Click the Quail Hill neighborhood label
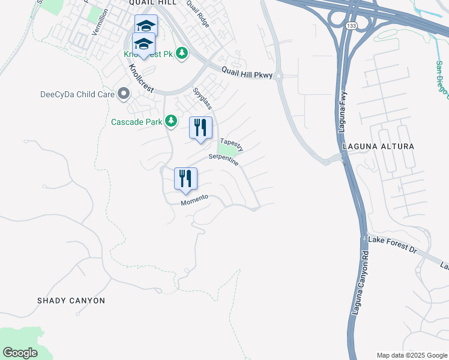click(152, 3)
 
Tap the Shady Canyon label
click(71, 301)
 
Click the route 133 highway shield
click(352, 25)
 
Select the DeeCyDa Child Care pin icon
click(124, 94)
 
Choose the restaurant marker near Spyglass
click(200, 127)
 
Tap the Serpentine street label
click(223, 160)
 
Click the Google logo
click(20, 353)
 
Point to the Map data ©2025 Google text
click(411, 355)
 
